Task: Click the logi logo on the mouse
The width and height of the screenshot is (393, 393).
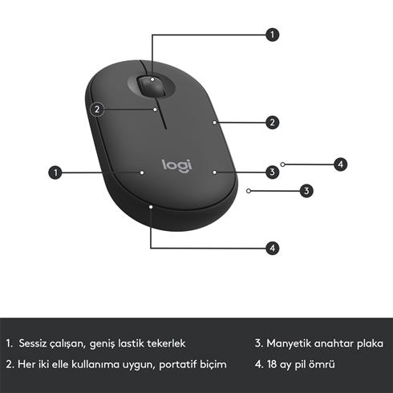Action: (x=177, y=165)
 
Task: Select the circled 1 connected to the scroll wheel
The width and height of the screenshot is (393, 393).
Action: (x=273, y=34)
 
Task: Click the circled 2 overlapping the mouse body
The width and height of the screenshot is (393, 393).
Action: (x=96, y=109)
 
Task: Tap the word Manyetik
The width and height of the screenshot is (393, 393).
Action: (x=288, y=343)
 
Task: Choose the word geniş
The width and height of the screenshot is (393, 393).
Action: (x=104, y=343)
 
